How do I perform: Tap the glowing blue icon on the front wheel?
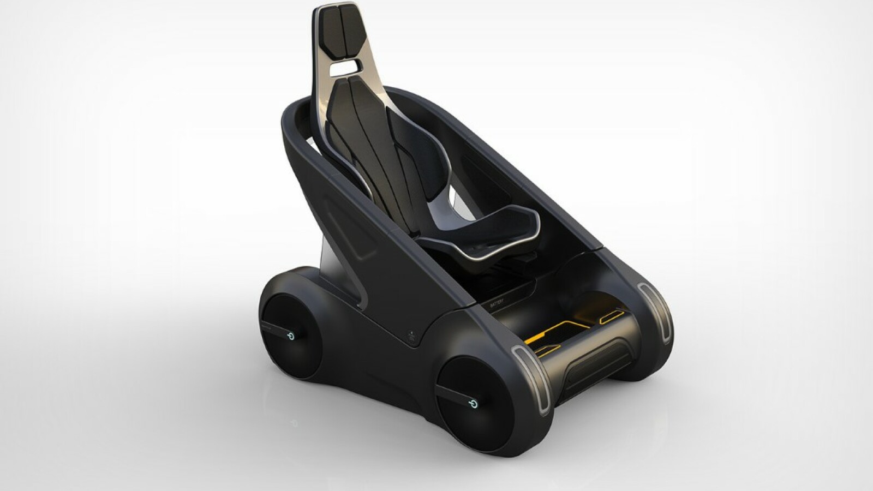[474, 404]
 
